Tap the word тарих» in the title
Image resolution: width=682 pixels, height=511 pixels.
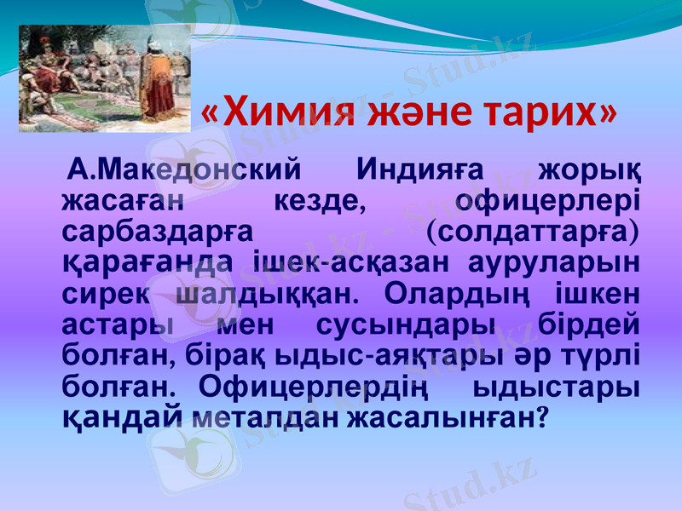548,112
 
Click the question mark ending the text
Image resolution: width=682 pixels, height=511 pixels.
543,416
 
